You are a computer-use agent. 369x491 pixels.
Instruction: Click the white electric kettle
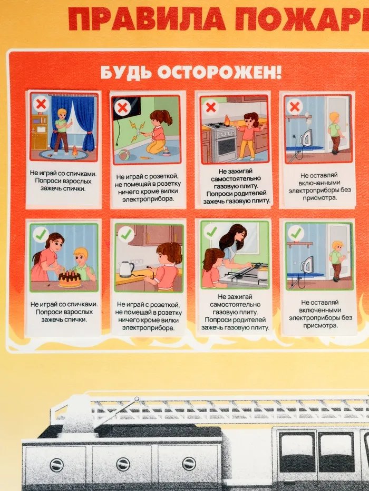pos(126,269)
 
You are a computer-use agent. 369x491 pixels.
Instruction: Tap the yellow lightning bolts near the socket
pos(138,128)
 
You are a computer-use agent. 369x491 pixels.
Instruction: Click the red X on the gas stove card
pos(211,107)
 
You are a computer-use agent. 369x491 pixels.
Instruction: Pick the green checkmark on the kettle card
pos(126,234)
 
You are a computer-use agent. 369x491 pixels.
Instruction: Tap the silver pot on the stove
pos(263,273)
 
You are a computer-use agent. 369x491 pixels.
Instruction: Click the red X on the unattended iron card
pos(295,107)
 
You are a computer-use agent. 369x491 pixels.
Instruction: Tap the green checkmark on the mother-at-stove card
pos(211,232)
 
